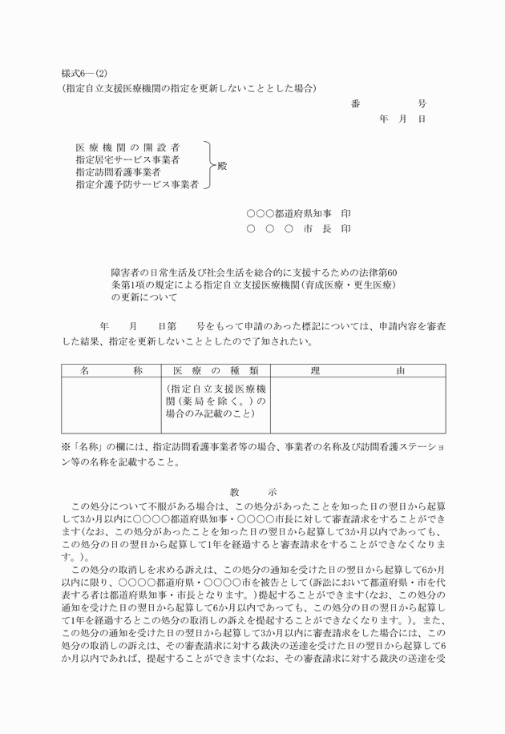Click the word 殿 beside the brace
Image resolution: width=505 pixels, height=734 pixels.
pos(222,166)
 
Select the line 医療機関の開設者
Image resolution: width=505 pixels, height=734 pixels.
pos(127,148)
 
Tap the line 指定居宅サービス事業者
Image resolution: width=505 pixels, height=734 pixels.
pos(127,160)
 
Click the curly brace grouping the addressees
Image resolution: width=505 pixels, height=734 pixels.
pos(208,166)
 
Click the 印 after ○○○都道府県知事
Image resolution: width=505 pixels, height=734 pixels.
pos(345,214)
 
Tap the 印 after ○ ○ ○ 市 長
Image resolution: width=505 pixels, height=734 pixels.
pos(345,229)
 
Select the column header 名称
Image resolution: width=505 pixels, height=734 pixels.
pos(111,371)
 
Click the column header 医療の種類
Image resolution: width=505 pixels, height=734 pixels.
pos(215,371)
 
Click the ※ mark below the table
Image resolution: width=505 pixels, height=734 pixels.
pos(67,447)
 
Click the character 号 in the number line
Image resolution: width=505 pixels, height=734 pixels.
pos(422,104)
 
